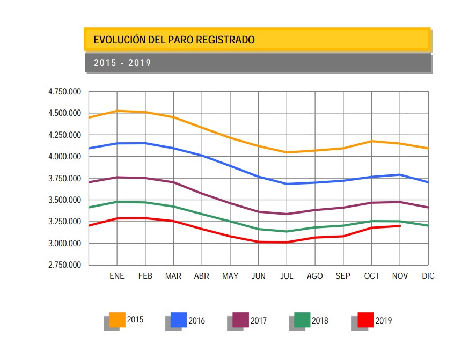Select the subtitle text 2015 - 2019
122,63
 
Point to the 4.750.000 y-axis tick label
64,92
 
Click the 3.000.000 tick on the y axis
64,244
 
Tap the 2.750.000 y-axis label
64,265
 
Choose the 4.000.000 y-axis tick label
64,157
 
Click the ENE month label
117,276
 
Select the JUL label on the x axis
287,276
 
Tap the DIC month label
428,276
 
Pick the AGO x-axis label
314,276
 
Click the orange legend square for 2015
117,320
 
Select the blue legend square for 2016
179,320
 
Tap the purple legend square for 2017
241,320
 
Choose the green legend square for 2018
303,320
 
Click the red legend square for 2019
365,320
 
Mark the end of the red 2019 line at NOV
400,226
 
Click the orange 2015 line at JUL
287,152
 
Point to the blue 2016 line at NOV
400,174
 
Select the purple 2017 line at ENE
117,177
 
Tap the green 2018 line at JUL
287,232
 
